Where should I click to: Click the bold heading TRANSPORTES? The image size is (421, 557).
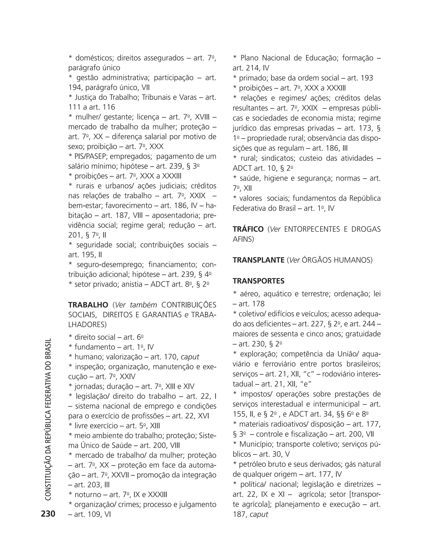click(259, 281)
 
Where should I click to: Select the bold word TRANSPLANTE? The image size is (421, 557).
click(259, 260)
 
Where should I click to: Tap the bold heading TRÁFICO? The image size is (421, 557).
click(248, 229)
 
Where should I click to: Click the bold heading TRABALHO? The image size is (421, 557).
click(88, 305)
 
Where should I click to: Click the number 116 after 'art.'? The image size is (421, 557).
click(109, 107)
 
